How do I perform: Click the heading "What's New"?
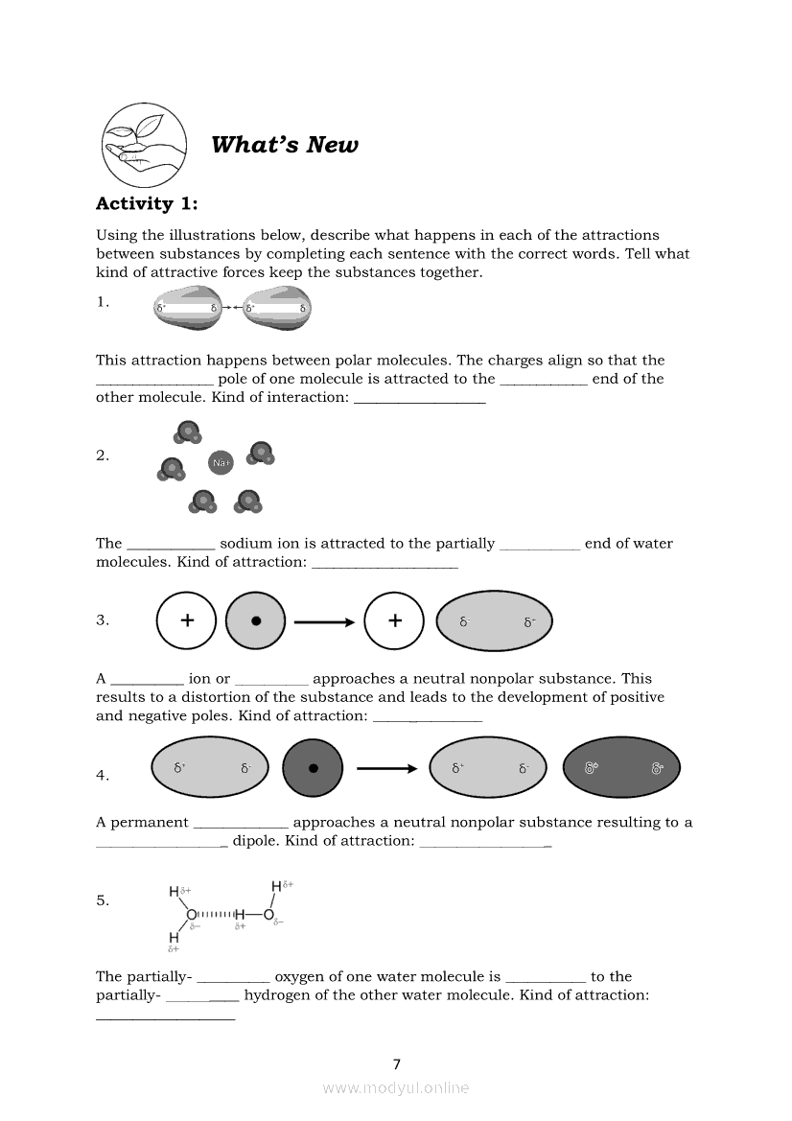[284, 145]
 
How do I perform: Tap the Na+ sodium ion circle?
[221, 463]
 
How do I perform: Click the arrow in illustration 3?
[324, 621]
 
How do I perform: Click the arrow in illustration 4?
[386, 768]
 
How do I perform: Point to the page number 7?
[397, 1063]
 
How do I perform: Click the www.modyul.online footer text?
[396, 1087]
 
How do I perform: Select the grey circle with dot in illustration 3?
[256, 621]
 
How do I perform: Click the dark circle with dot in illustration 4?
[313, 768]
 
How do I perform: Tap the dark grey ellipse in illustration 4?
[620, 768]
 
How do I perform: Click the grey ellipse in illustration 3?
[495, 621]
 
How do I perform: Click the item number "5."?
[103, 900]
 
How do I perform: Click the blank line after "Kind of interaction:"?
[420, 398]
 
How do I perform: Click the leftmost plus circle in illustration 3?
[187, 621]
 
